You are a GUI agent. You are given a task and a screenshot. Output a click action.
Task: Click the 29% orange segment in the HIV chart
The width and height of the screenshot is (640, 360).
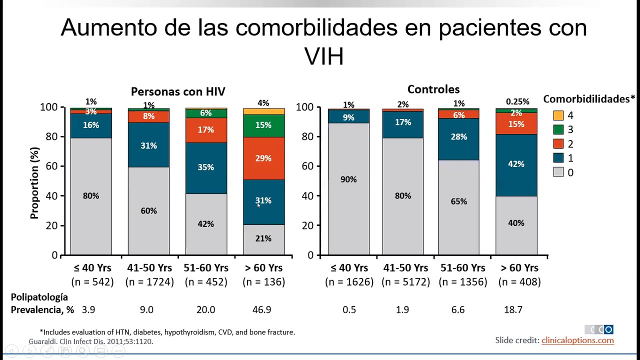pos(263,158)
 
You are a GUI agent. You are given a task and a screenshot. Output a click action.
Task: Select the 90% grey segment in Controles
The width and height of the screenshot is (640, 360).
pos(348,188)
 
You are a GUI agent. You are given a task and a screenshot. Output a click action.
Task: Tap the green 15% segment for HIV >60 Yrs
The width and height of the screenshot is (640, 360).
pos(263,125)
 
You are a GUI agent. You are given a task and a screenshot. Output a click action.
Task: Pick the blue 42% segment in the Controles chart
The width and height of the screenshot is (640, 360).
pos(516,164)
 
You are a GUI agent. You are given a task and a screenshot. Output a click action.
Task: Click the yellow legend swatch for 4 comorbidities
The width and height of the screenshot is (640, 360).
pos(558,115)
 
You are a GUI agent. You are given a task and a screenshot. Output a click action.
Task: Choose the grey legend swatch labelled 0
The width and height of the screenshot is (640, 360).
pos(558,172)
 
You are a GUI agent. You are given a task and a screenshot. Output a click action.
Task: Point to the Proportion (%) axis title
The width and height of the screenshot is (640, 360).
pos(34,183)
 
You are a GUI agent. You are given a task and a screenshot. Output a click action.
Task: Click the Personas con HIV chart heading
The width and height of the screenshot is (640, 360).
pos(178,91)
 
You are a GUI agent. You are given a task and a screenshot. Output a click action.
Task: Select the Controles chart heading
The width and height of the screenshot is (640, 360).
pos(433,89)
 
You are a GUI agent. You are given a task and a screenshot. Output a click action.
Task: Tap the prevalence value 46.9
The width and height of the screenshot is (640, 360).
pos(262,310)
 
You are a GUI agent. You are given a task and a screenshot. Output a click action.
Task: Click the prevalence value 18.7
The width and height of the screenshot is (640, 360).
pos(513,310)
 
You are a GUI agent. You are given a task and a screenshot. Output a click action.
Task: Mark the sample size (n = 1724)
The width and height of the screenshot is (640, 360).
pos(149,282)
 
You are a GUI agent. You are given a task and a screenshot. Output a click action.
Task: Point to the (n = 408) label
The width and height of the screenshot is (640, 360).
pos(519,282)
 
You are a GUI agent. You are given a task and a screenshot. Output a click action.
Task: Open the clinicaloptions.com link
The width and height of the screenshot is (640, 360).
pos(577,340)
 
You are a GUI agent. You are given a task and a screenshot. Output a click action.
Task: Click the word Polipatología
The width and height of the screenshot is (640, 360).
pos(39,297)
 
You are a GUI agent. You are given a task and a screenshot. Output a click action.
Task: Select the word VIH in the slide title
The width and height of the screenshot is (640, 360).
pos(324,56)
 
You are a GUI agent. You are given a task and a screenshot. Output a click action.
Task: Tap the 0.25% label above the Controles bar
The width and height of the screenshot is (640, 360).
pos(517,102)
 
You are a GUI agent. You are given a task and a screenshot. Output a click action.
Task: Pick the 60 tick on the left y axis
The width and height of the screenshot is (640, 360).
pos(51,166)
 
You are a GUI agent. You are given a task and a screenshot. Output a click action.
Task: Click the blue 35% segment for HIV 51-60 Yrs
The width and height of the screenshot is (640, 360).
pos(206,167)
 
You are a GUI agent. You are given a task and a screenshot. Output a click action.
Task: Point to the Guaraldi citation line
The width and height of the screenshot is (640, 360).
pos(90,341)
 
